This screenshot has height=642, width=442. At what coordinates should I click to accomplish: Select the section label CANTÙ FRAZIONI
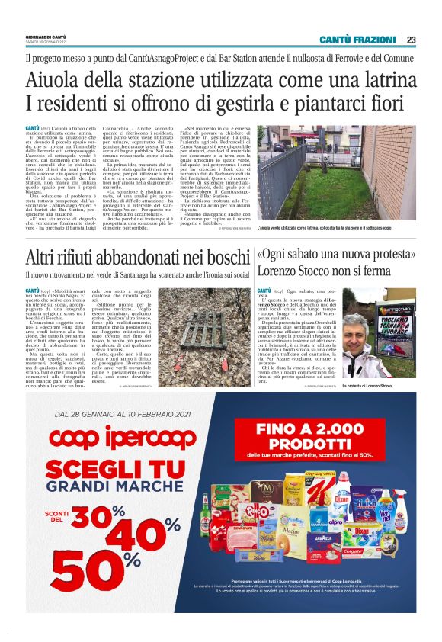[357, 40]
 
